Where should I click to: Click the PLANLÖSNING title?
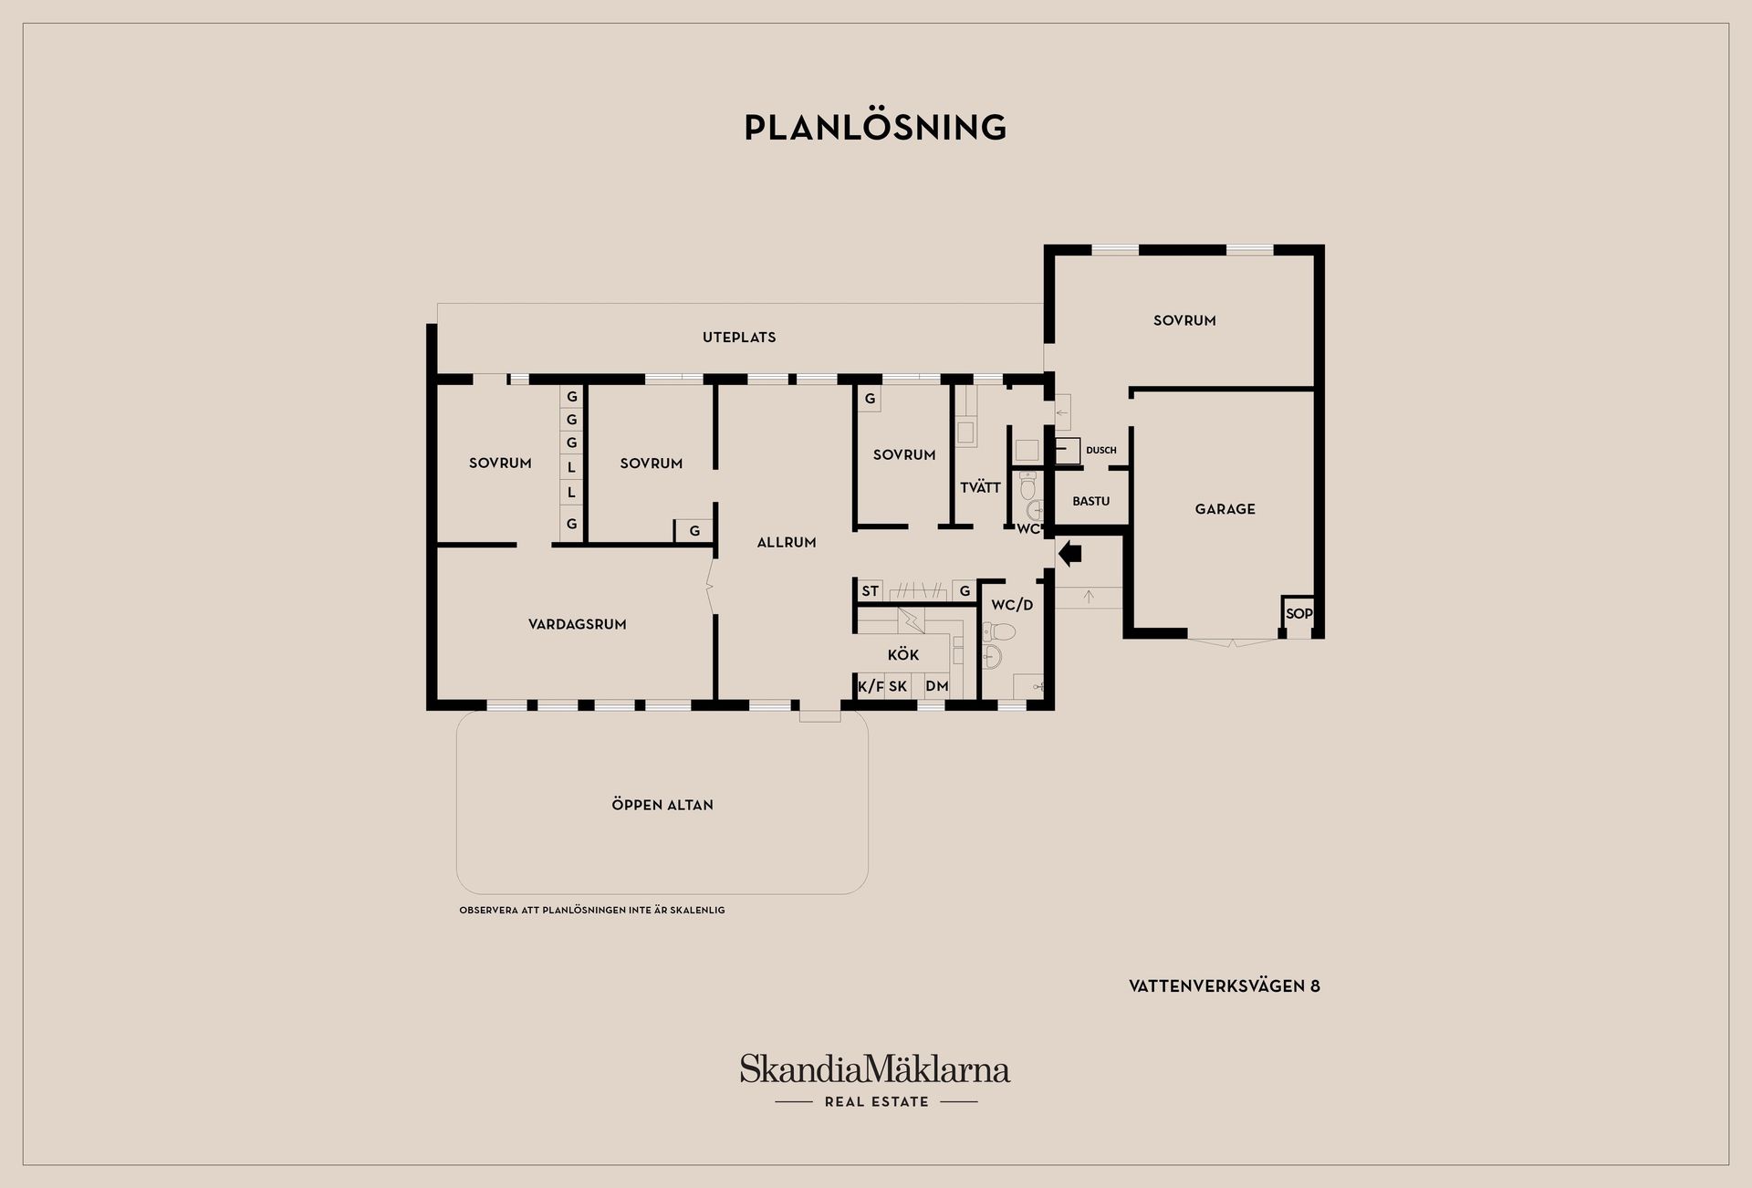coord(875,127)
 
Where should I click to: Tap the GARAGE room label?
coord(1225,509)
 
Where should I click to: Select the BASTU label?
coord(1091,501)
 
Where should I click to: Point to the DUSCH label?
coord(1101,450)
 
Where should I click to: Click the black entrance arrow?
coord(1069,553)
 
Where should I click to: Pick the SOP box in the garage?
coord(1298,614)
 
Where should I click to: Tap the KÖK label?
coord(903,655)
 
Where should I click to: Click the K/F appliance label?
coord(871,686)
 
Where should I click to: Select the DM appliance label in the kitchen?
coord(937,686)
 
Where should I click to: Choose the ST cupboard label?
coord(871,591)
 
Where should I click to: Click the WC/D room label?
coord(1012,605)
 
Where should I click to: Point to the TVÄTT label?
coord(981,487)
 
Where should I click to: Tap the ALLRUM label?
coord(787,542)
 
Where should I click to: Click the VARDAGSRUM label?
coord(578,624)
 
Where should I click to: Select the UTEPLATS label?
coord(739,337)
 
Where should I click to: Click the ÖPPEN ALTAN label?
coord(662,805)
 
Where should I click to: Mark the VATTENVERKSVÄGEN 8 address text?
coord(1225,985)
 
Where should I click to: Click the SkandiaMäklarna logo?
coord(875,1080)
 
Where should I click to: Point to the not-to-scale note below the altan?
coord(592,910)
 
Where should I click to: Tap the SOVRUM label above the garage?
coord(1184,320)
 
